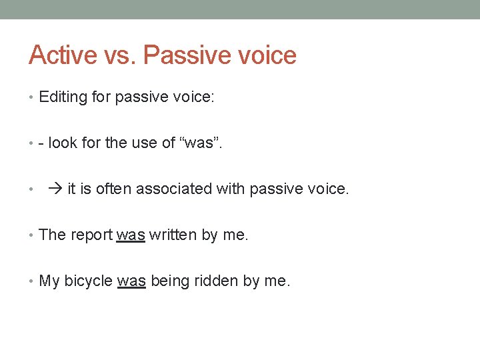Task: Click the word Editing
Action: [63, 97]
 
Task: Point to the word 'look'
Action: [63, 143]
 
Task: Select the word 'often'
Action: [113, 189]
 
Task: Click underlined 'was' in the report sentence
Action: [131, 235]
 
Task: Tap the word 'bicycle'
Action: [89, 281]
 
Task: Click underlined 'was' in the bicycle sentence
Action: [131, 281]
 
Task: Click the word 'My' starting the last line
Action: [49, 281]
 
